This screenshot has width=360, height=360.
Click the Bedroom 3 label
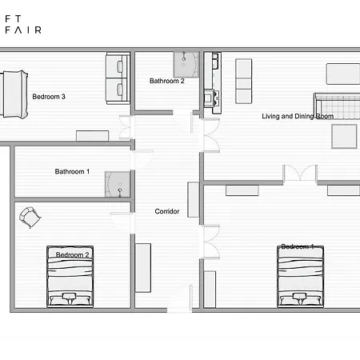[x=48, y=97]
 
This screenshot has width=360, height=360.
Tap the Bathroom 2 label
[x=166, y=81]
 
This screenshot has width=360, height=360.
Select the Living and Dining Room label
[x=298, y=116]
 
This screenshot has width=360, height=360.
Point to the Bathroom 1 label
[x=72, y=171]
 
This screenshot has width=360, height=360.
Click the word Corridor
[x=166, y=211]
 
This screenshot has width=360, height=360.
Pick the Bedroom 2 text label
[x=72, y=254]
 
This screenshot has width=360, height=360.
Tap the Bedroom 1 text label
[x=297, y=247]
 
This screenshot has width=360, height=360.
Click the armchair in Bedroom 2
[x=30, y=215]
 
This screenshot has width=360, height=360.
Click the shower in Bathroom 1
[x=117, y=184]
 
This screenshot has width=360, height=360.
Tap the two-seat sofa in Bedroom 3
[x=118, y=78]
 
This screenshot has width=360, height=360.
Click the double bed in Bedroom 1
[x=301, y=276]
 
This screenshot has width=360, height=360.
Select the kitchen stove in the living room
[x=212, y=98]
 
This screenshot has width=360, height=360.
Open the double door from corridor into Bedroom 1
[x=210, y=235]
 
